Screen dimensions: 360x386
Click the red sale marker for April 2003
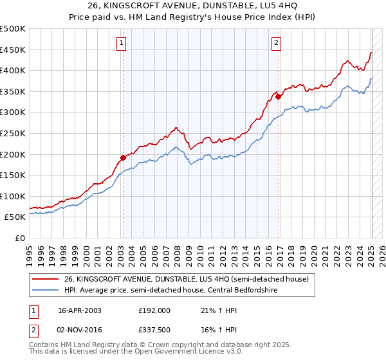coord(123,157)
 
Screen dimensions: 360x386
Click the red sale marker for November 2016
coord(278,96)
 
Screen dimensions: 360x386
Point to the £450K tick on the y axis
coord(13,50)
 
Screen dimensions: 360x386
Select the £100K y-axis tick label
coord(13,196)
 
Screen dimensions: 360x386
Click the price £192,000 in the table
coord(154,310)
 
